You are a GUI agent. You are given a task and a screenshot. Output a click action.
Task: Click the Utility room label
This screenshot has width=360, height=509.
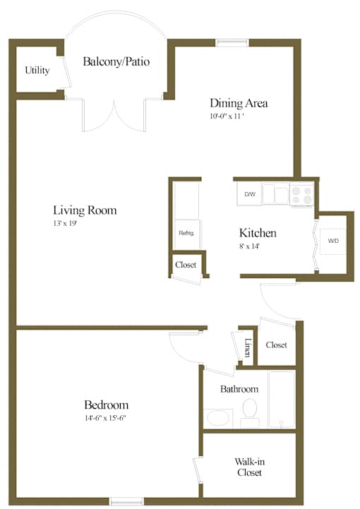click(37, 70)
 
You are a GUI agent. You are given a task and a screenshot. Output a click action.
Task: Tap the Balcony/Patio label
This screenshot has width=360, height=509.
click(116, 61)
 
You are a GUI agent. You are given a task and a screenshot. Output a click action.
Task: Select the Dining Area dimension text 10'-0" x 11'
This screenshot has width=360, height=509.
click(227, 116)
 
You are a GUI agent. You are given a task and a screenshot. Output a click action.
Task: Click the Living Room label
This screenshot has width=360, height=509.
click(85, 210)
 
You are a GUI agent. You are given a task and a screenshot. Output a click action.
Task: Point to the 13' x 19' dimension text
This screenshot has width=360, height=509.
click(65, 223)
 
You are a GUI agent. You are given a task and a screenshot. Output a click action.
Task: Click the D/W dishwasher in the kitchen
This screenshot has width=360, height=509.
click(249, 194)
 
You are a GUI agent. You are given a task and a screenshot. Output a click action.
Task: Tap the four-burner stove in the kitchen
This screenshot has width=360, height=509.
click(302, 195)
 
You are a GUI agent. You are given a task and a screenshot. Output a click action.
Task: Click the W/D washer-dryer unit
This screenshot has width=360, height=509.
click(333, 241)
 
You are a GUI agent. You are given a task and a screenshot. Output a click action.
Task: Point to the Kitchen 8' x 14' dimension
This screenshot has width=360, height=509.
click(250, 246)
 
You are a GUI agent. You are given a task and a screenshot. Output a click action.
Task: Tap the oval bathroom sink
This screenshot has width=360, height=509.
click(218, 418)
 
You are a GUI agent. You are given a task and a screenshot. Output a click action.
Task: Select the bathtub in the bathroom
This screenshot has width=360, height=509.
click(282, 400)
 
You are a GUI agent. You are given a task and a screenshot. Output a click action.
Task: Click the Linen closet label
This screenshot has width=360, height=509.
click(248, 347)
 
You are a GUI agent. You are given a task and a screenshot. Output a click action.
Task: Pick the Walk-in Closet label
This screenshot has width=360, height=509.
click(249, 467)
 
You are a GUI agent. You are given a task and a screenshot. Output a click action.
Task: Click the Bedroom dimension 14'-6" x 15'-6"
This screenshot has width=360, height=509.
click(105, 418)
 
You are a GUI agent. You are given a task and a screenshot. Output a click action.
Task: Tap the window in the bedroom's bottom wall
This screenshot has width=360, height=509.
click(127, 501)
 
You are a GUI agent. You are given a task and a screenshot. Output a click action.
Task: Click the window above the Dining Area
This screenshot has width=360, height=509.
click(232, 43)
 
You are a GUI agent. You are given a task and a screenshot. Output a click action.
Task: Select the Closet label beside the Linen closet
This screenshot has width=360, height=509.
click(276, 345)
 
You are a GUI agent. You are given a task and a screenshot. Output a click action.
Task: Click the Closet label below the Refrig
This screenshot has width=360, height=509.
click(186, 265)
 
